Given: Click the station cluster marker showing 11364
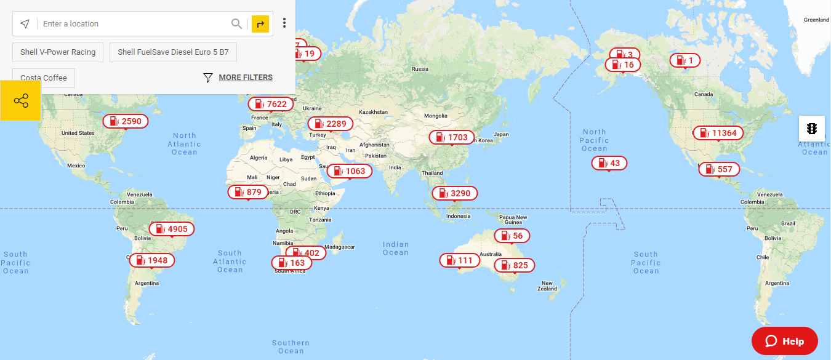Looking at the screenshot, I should [718, 133].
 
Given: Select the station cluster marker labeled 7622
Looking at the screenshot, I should [271, 104].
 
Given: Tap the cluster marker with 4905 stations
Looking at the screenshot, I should [172, 229].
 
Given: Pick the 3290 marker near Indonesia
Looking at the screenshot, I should [454, 193].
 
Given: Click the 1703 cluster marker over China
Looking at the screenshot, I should [452, 137].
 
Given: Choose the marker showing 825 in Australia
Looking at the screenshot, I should [514, 265].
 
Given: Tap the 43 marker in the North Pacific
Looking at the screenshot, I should [609, 163].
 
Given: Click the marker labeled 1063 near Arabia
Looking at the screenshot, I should [349, 171].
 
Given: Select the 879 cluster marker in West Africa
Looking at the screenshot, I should [248, 192].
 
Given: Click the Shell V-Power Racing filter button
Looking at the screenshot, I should [58, 52].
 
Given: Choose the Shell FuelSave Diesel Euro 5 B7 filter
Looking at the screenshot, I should [173, 52].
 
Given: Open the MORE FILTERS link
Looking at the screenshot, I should [245, 78].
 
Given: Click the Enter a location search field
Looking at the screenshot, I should [132, 24].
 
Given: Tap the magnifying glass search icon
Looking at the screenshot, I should [236, 24].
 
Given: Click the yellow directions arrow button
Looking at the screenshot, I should [260, 24].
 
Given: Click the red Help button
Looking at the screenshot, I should [784, 341].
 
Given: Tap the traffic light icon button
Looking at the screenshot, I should [812, 129].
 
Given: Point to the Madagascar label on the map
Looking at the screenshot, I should [340, 247].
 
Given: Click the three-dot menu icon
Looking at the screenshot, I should [284, 23].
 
